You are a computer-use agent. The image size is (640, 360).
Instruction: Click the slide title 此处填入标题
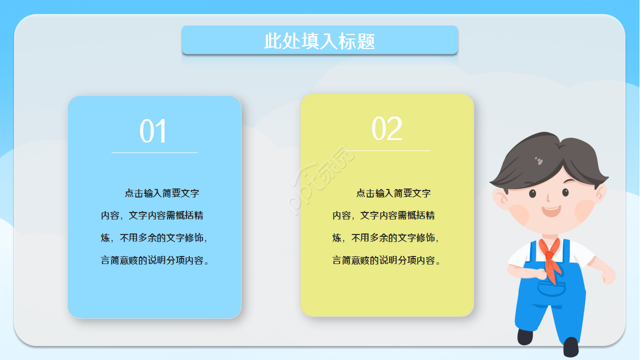(319, 41)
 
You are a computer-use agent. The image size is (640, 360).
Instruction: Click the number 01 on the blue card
(153, 131)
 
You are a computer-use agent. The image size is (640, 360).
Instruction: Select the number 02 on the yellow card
(386, 129)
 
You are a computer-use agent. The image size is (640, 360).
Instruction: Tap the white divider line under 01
(154, 152)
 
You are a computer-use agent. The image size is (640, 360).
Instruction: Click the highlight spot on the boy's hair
(539, 160)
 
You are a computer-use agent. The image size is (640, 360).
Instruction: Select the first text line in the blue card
(162, 193)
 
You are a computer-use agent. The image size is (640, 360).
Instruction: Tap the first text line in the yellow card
(393, 193)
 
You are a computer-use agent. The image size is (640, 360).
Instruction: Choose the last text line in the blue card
(155, 260)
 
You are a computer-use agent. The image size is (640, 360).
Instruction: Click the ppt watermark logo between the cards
(322, 180)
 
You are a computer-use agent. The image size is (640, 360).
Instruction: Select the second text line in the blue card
(152, 216)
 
